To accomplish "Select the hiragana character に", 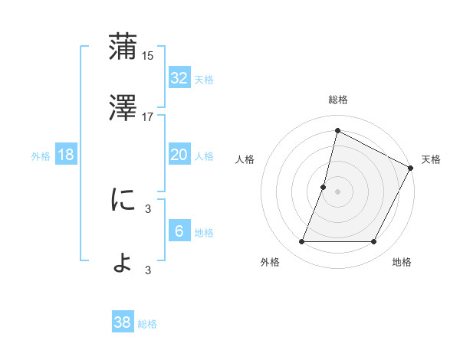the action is [123, 200].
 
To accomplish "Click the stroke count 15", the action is [149, 56].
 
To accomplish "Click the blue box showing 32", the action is [179, 78].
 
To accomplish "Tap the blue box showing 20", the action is [179, 155].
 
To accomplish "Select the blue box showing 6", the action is [179, 231].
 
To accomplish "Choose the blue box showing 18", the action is [66, 155].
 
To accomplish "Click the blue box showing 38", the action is [123, 322].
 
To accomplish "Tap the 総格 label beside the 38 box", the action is [147, 324].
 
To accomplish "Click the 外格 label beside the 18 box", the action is [41, 156].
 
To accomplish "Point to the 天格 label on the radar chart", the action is [431, 159].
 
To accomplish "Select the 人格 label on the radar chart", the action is [245, 159].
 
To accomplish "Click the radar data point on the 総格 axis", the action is [337, 131].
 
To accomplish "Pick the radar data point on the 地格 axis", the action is [374, 242].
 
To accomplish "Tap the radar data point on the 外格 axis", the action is [301, 242].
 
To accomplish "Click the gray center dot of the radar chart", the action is [337, 191].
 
